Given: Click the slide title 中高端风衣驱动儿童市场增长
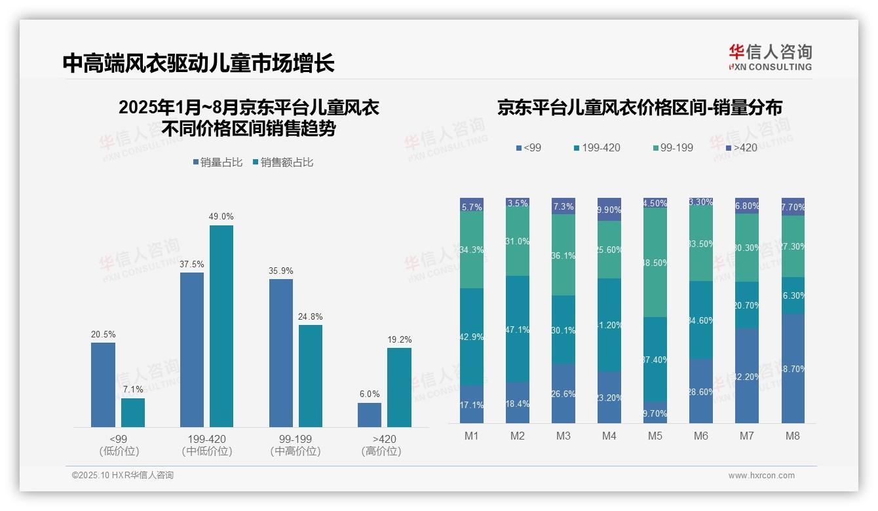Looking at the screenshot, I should click(199, 63).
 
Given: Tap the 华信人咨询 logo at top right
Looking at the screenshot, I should click(770, 57).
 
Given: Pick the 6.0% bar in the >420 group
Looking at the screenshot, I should click(370, 415).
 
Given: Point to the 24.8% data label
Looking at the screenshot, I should click(311, 316).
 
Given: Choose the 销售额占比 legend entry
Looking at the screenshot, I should click(282, 162).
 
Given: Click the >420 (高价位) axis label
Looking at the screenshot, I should click(381, 445).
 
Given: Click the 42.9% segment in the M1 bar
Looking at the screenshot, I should click(472, 337).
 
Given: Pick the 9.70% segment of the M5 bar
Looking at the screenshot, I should click(655, 413).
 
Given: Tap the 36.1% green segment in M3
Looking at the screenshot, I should click(563, 255).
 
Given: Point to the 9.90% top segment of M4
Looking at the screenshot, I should click(609, 209).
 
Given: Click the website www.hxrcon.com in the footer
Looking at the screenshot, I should click(761, 476).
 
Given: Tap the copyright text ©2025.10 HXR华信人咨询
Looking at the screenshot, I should click(123, 476).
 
